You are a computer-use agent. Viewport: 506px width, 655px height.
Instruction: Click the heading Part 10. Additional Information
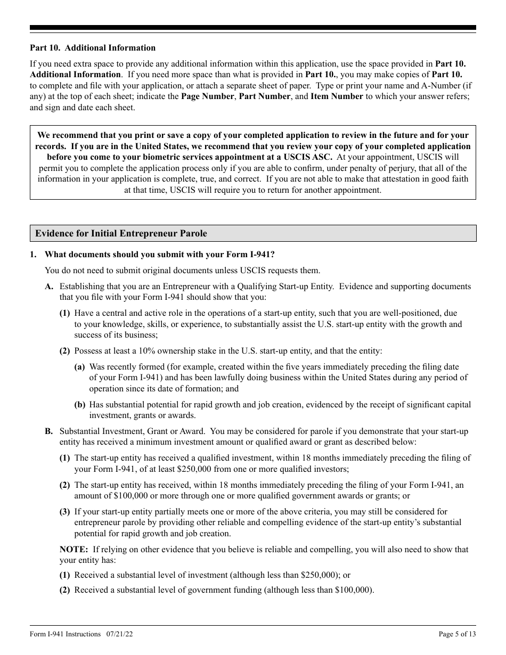pyautogui.click(x=93, y=48)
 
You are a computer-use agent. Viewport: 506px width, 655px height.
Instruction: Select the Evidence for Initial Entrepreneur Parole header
pyautogui.click(x=121, y=233)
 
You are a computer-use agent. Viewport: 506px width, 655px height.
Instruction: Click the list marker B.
pyautogui.click(x=49, y=431)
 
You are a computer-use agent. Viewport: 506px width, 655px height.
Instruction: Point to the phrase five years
pyautogui.click(x=331, y=367)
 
